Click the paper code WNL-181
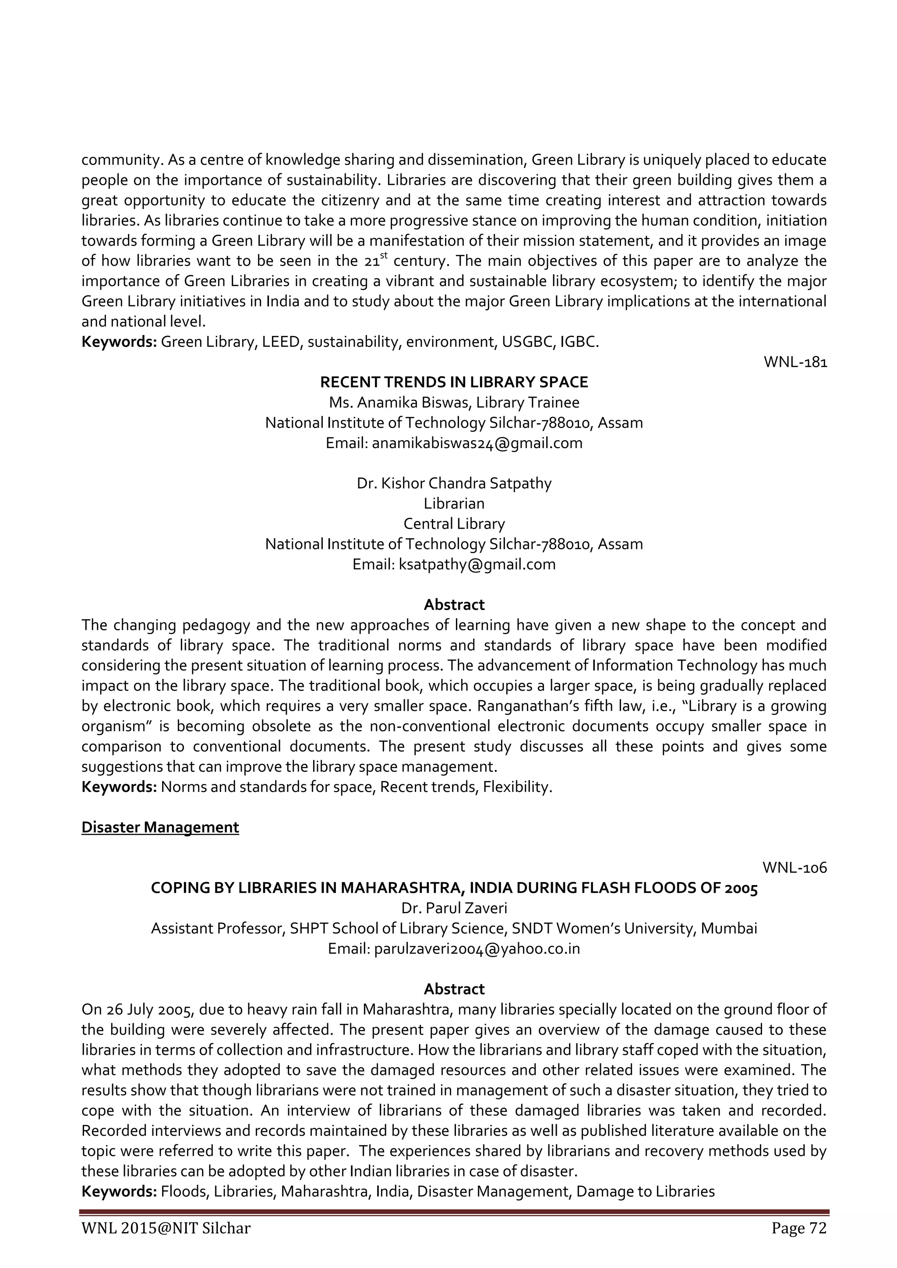click(795, 362)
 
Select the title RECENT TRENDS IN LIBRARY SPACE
click(454, 382)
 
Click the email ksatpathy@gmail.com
click(477, 565)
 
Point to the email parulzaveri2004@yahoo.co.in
click(477, 949)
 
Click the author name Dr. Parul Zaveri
click(454, 908)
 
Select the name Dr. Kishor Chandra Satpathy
click(454, 483)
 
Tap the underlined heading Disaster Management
click(160, 827)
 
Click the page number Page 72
click(799, 1228)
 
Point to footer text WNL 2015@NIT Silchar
click(166, 1228)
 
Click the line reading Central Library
click(454, 523)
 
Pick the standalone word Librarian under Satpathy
click(454, 504)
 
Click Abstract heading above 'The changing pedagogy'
click(454, 605)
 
